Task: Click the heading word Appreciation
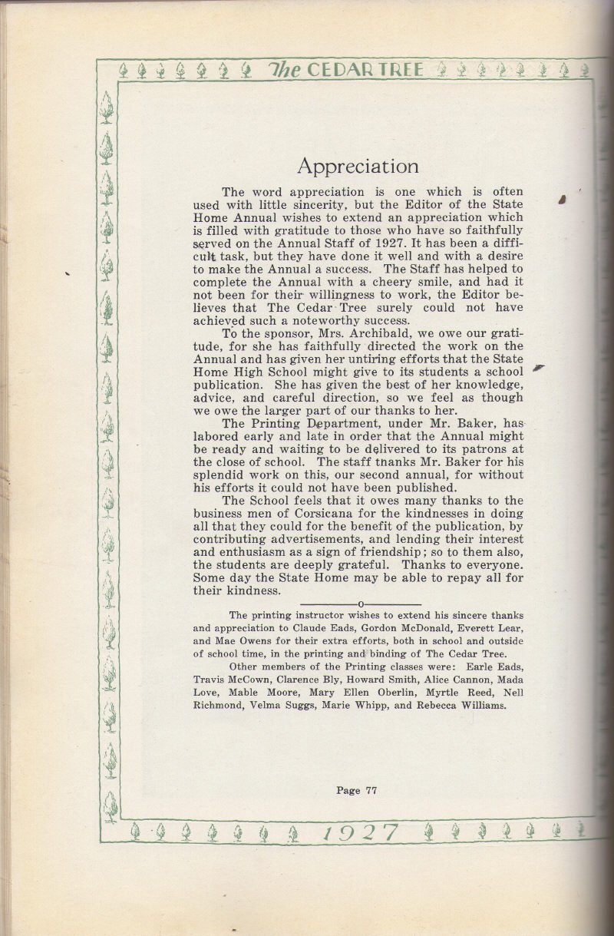point(358,166)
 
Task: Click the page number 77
point(369,789)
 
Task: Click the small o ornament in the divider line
point(361,605)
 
